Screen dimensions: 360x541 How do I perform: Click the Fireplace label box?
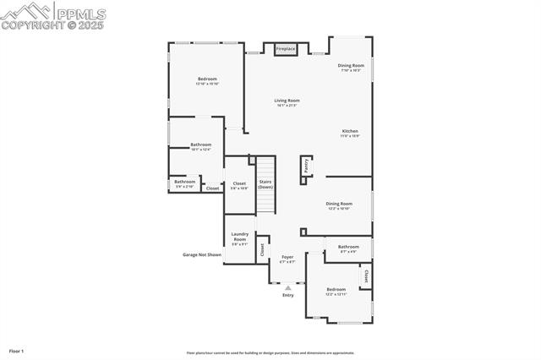coord(286,49)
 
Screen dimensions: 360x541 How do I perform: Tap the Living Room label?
coord(287,102)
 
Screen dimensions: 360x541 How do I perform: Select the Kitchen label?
coord(350,133)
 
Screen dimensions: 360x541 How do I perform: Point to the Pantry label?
coord(306,166)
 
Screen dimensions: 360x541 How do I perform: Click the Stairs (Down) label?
coord(265,184)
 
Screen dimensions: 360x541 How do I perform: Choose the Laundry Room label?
coord(240,239)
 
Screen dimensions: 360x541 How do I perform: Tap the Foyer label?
coord(287,259)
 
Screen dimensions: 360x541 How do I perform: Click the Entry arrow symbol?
coord(287,287)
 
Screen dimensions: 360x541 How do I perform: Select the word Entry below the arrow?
coord(288,295)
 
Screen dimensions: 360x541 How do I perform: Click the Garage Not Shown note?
coord(202,254)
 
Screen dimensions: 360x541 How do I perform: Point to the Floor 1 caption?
coord(16,351)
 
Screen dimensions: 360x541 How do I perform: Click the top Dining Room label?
coord(351,68)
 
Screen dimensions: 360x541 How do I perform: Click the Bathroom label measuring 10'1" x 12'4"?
coord(200,146)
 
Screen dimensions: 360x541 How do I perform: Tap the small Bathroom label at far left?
coord(184,183)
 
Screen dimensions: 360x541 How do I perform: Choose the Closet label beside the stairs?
coord(239,185)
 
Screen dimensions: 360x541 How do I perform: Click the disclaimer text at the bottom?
coord(270,353)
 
